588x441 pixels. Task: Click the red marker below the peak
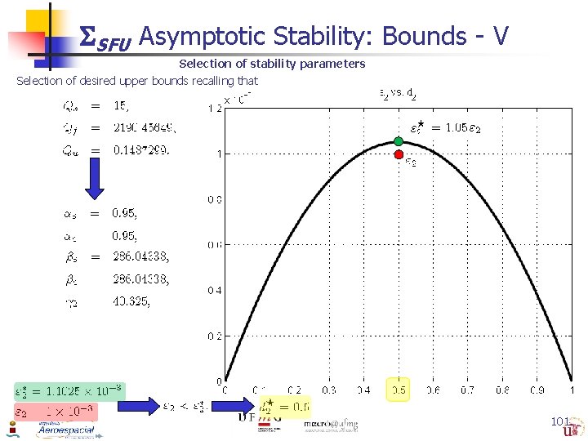(399, 154)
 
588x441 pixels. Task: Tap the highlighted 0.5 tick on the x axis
(399, 390)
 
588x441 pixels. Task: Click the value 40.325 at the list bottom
(131, 301)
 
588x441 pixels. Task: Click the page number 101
(560, 421)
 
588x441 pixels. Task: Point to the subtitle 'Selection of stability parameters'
(272, 64)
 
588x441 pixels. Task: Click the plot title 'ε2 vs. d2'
(399, 94)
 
